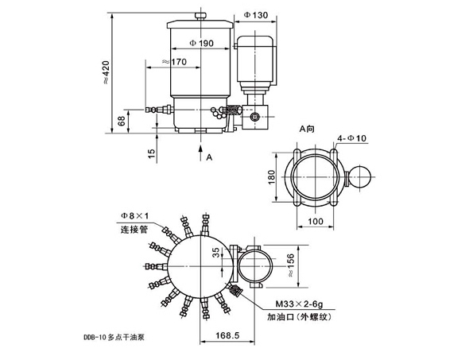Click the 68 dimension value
pyautogui.click(x=120, y=121)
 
